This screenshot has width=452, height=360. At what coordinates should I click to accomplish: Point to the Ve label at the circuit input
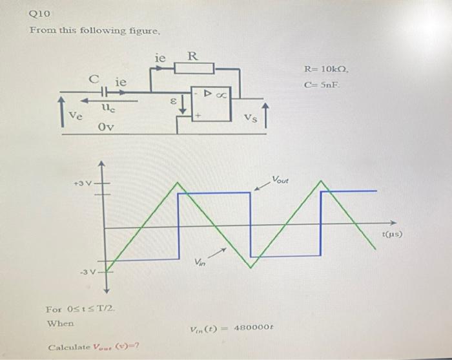point(76,117)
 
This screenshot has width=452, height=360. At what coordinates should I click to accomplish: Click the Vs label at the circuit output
point(251,117)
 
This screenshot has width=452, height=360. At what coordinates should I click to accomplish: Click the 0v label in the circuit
point(106,127)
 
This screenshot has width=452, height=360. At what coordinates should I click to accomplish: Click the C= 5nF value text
point(322,85)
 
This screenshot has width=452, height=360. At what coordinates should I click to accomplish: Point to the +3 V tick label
point(83,183)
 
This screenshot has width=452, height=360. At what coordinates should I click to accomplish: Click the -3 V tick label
point(88,271)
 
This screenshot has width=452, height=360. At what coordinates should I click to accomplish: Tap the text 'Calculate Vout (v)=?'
point(95,348)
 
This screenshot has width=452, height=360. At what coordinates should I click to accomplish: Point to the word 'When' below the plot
point(60,323)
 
